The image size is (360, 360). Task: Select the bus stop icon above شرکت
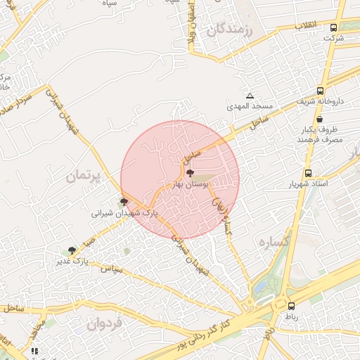pos(334,28)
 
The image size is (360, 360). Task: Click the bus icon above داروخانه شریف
pos(321,91)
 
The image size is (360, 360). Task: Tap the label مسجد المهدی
pos(250,107)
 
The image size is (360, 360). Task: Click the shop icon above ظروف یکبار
pos(320,120)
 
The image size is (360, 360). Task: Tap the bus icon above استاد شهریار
pos(308,173)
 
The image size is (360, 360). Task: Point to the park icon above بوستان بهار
pos(189,172)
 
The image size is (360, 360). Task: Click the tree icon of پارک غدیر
pos(72,250)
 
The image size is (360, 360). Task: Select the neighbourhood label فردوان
pos(105,323)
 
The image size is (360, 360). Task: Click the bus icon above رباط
pos(291,306)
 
